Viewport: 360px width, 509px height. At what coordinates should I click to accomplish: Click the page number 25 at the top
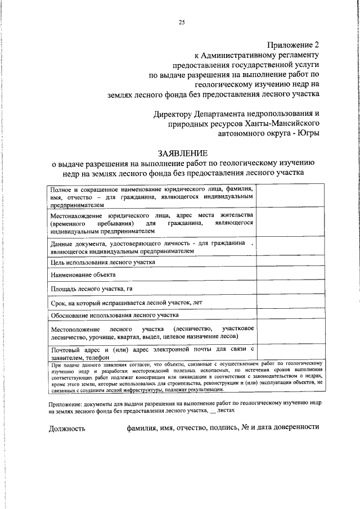[x=181, y=22]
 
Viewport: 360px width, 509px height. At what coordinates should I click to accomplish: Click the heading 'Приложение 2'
[x=292, y=44]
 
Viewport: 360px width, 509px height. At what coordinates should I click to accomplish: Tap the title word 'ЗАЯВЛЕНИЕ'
[x=183, y=153]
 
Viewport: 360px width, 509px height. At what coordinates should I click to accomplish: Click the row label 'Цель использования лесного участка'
[x=102, y=262]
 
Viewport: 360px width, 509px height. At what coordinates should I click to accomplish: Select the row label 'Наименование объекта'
[x=83, y=274]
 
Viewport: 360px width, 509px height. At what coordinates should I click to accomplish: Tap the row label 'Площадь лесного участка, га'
[x=91, y=289]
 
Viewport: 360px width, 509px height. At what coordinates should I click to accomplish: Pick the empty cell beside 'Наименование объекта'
[x=290, y=275]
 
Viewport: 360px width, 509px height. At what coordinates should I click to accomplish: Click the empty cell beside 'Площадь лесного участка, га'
[x=290, y=289]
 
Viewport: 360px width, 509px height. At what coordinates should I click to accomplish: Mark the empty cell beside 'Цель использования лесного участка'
[x=290, y=262]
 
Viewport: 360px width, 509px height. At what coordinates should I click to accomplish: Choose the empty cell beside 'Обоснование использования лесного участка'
[x=290, y=315]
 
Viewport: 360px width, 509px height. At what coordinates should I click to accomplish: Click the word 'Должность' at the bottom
[x=67, y=427]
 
